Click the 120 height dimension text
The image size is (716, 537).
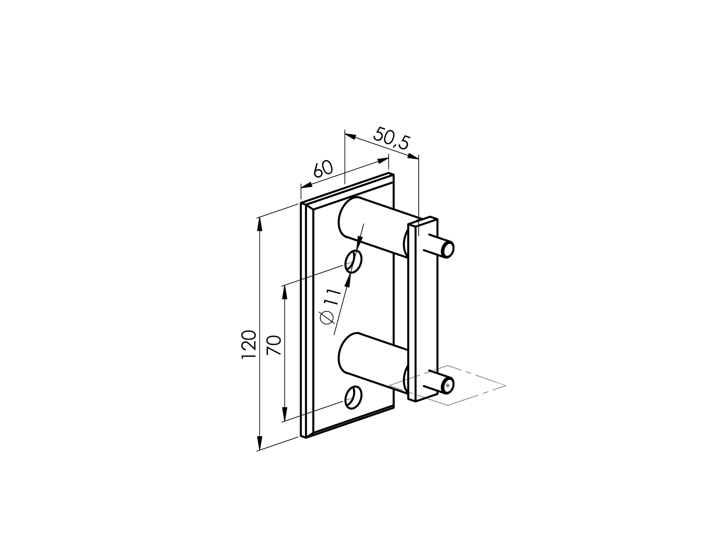pyautogui.click(x=249, y=344)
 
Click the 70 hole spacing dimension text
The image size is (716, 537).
pyautogui.click(x=274, y=345)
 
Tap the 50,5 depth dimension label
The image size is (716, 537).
pyautogui.click(x=392, y=138)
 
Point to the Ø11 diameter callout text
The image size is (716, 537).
pyautogui.click(x=331, y=307)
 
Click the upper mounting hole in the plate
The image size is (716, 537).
pyautogui.click(x=354, y=261)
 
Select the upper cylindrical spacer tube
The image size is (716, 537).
pyautogui.click(x=373, y=227)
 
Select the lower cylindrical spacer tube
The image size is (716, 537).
pyautogui.click(x=373, y=364)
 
